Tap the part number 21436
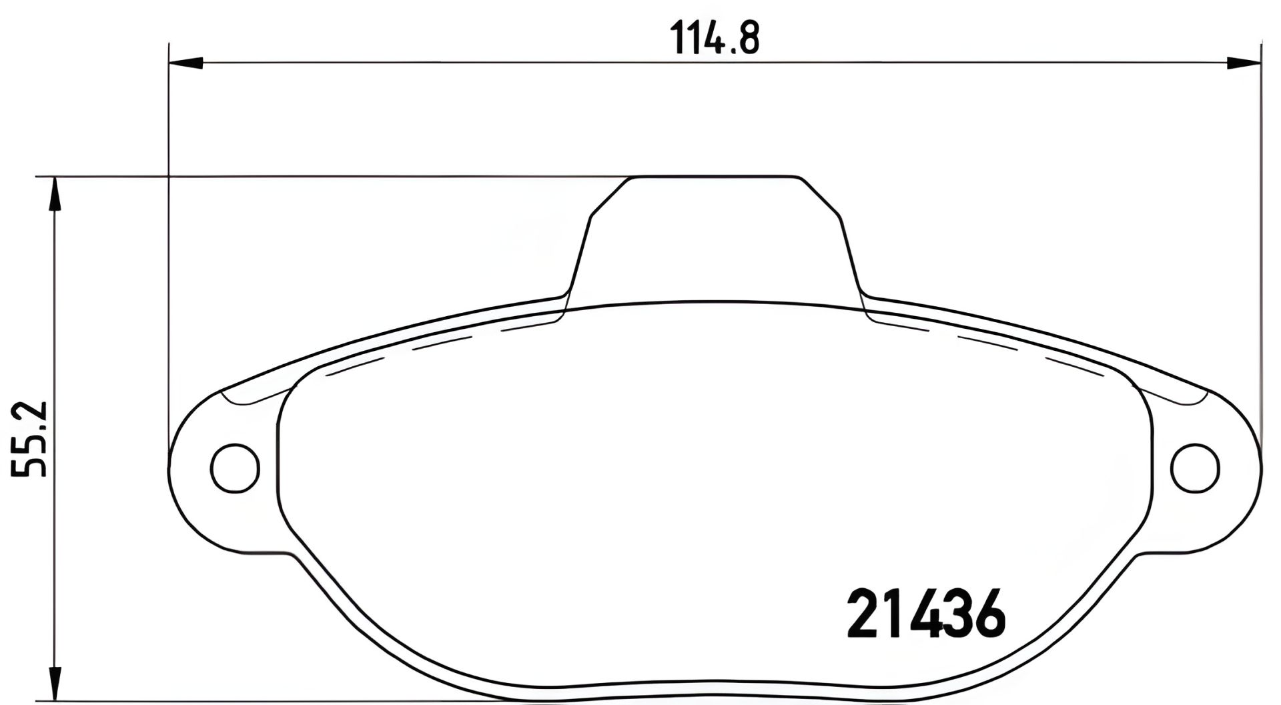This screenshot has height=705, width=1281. pyautogui.click(x=925, y=613)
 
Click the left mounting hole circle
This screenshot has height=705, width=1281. pyautogui.click(x=234, y=468)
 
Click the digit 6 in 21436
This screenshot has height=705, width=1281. pyautogui.click(x=987, y=613)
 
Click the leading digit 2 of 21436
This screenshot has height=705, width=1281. pyautogui.click(x=863, y=613)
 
